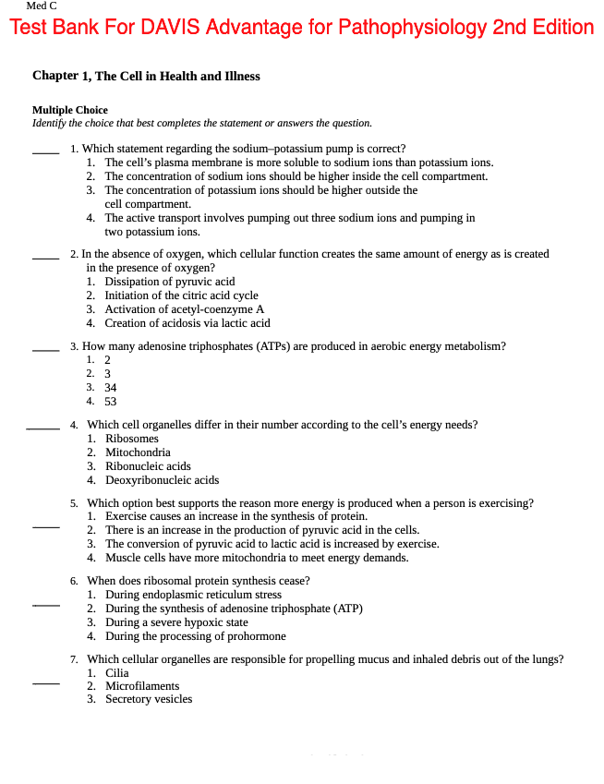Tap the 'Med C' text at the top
[x=42, y=6]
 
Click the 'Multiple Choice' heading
[x=70, y=110]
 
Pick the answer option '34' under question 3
[x=111, y=388]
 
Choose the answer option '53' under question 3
[x=111, y=402]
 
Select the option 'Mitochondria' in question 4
[x=138, y=452]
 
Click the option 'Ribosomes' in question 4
[x=132, y=439]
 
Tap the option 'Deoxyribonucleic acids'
[x=162, y=480]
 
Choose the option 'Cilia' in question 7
[x=117, y=673]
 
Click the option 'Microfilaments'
[x=142, y=686]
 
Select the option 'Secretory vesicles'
[x=149, y=699]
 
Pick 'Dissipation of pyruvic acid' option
[x=169, y=282]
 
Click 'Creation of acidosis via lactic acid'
[x=187, y=323]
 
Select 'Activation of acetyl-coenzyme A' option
[x=184, y=309]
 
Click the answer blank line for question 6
[x=46, y=605]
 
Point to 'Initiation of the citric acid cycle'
[x=181, y=296]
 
